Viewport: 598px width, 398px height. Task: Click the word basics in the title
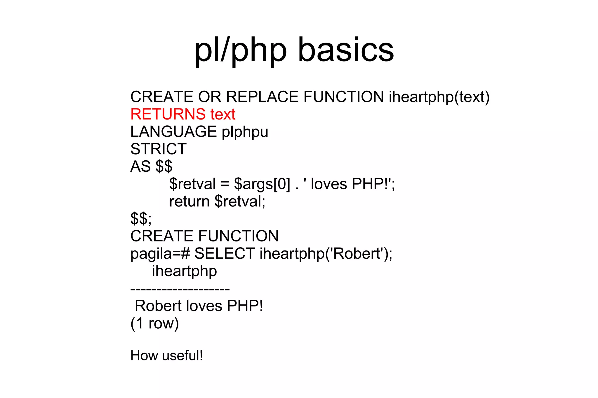point(346,50)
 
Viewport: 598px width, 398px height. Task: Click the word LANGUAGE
point(173,132)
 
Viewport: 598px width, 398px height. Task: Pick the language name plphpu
point(245,132)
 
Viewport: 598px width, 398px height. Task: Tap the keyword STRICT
point(158,149)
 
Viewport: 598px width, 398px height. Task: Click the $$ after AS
point(164,166)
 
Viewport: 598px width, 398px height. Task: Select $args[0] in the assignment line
point(262,184)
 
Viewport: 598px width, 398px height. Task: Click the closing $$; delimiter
point(141,219)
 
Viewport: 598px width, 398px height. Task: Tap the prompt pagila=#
point(160,254)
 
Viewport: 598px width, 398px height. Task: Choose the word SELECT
point(225,253)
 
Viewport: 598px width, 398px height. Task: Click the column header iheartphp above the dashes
point(184,271)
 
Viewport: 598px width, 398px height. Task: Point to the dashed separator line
point(180,289)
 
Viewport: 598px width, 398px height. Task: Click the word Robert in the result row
point(158,306)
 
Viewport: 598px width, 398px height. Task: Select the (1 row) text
point(154,323)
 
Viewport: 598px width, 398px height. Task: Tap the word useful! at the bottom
point(182,356)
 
